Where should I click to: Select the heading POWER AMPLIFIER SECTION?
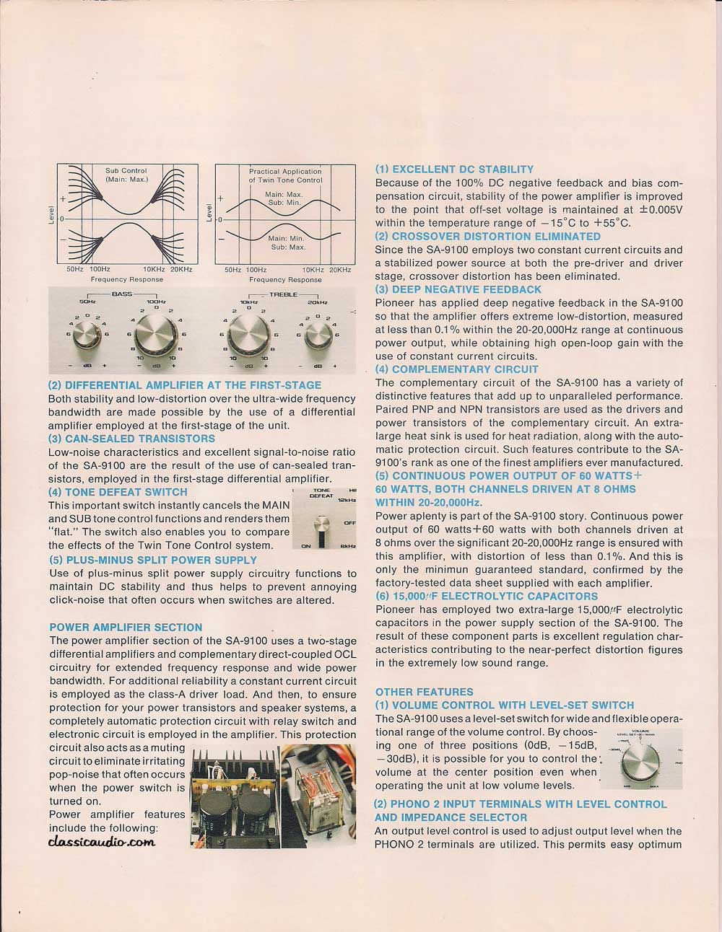(126, 628)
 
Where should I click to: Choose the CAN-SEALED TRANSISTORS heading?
(131, 439)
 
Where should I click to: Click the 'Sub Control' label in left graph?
(126, 171)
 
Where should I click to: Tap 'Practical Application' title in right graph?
(285, 172)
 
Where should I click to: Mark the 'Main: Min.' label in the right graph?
(286, 237)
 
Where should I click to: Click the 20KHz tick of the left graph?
(181, 269)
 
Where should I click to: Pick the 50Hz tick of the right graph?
(232, 270)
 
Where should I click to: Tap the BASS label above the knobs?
(122, 295)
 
